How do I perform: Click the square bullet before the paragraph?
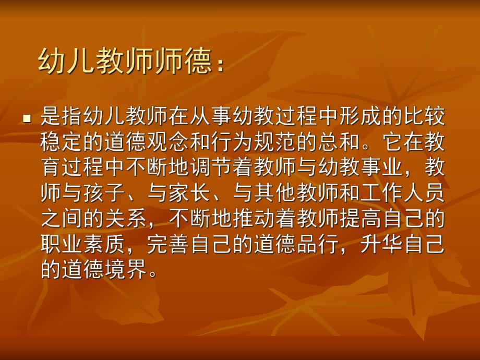[x=27, y=119]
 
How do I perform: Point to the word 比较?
[x=425, y=117]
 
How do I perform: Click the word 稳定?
[x=62, y=142]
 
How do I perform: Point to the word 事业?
[x=382, y=168]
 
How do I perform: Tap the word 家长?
[x=190, y=194]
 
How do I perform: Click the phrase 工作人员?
[x=404, y=194]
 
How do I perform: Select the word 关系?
[x=126, y=219]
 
